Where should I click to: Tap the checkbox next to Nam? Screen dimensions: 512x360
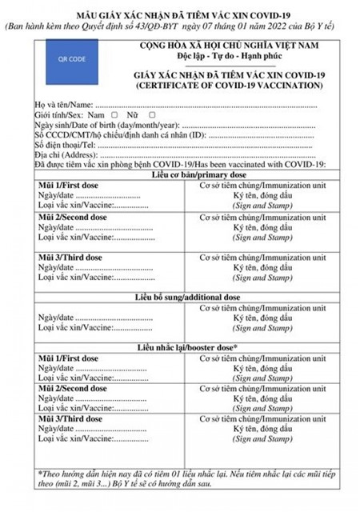tap(114, 115)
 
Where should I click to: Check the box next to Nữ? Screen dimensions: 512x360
tap(152, 115)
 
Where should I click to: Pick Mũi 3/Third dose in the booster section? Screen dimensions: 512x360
tap(72, 418)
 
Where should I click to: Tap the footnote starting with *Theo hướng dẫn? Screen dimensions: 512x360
tap(181, 478)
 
